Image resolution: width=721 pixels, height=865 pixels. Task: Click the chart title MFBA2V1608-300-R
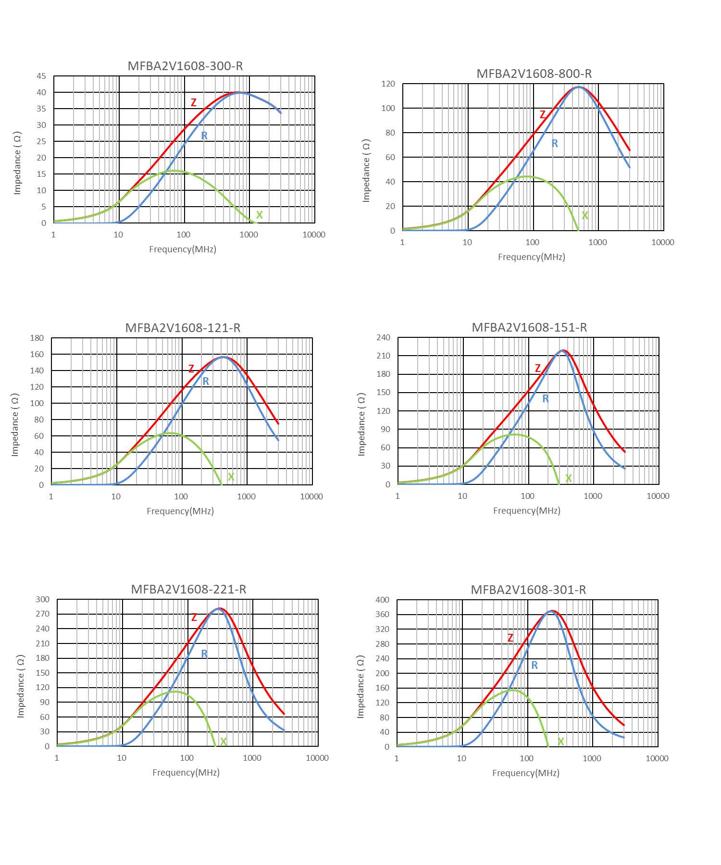[x=185, y=66]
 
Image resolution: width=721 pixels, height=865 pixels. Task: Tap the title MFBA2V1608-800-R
[x=534, y=74]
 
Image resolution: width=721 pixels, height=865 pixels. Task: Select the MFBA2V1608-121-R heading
[x=183, y=328]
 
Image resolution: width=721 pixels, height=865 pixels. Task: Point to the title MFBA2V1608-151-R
[x=529, y=327]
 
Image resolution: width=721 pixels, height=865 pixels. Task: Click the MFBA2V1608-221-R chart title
[x=188, y=589]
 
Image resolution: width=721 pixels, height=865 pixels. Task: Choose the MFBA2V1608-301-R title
[x=528, y=590]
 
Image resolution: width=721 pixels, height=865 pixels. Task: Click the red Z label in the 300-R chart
[x=194, y=102]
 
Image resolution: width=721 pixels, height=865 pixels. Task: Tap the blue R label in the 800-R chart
[x=555, y=143]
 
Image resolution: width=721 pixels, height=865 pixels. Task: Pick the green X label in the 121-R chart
[x=231, y=477]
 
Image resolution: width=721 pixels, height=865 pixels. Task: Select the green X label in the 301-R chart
[x=560, y=741]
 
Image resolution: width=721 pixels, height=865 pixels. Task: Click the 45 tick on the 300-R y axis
[x=41, y=76]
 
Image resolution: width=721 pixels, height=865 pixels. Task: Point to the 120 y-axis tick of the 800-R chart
[x=388, y=84]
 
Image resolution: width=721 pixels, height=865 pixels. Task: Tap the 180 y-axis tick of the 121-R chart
[x=37, y=338]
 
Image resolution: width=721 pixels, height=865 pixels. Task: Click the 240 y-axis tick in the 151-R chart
[x=384, y=337]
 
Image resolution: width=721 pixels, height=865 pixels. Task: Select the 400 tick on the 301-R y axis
[x=383, y=600]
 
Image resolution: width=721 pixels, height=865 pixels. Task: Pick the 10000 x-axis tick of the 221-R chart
[x=317, y=758]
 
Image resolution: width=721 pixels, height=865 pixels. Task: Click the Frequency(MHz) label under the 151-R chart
[x=527, y=510]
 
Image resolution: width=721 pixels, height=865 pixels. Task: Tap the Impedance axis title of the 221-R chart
[x=21, y=686]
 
